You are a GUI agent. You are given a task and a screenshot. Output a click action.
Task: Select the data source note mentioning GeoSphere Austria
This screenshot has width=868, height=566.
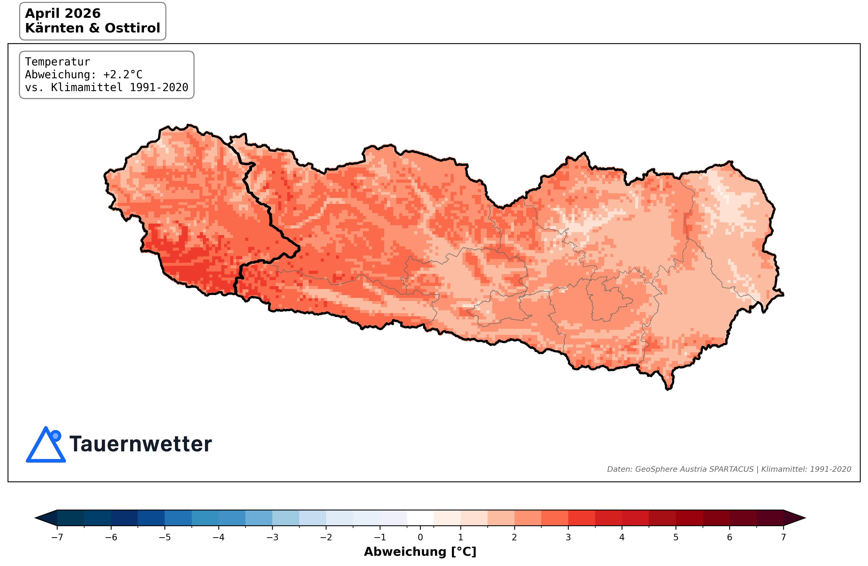[x=728, y=469]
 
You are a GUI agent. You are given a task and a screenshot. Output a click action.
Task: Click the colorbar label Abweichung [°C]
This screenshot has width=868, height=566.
[x=420, y=551]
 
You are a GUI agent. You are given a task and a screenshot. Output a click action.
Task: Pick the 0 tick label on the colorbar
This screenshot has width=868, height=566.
[x=420, y=537]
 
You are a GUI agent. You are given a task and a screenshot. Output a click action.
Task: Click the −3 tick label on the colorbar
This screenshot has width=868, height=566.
[x=272, y=537]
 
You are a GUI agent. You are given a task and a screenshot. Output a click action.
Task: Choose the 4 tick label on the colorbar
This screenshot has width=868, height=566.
[x=622, y=537]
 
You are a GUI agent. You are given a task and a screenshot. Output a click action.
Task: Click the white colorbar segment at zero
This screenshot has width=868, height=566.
[x=420, y=518]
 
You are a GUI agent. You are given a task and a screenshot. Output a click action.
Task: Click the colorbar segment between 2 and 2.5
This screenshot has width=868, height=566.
[x=528, y=518]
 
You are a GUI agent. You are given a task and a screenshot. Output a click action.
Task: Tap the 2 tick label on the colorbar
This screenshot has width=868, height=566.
[x=514, y=537]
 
